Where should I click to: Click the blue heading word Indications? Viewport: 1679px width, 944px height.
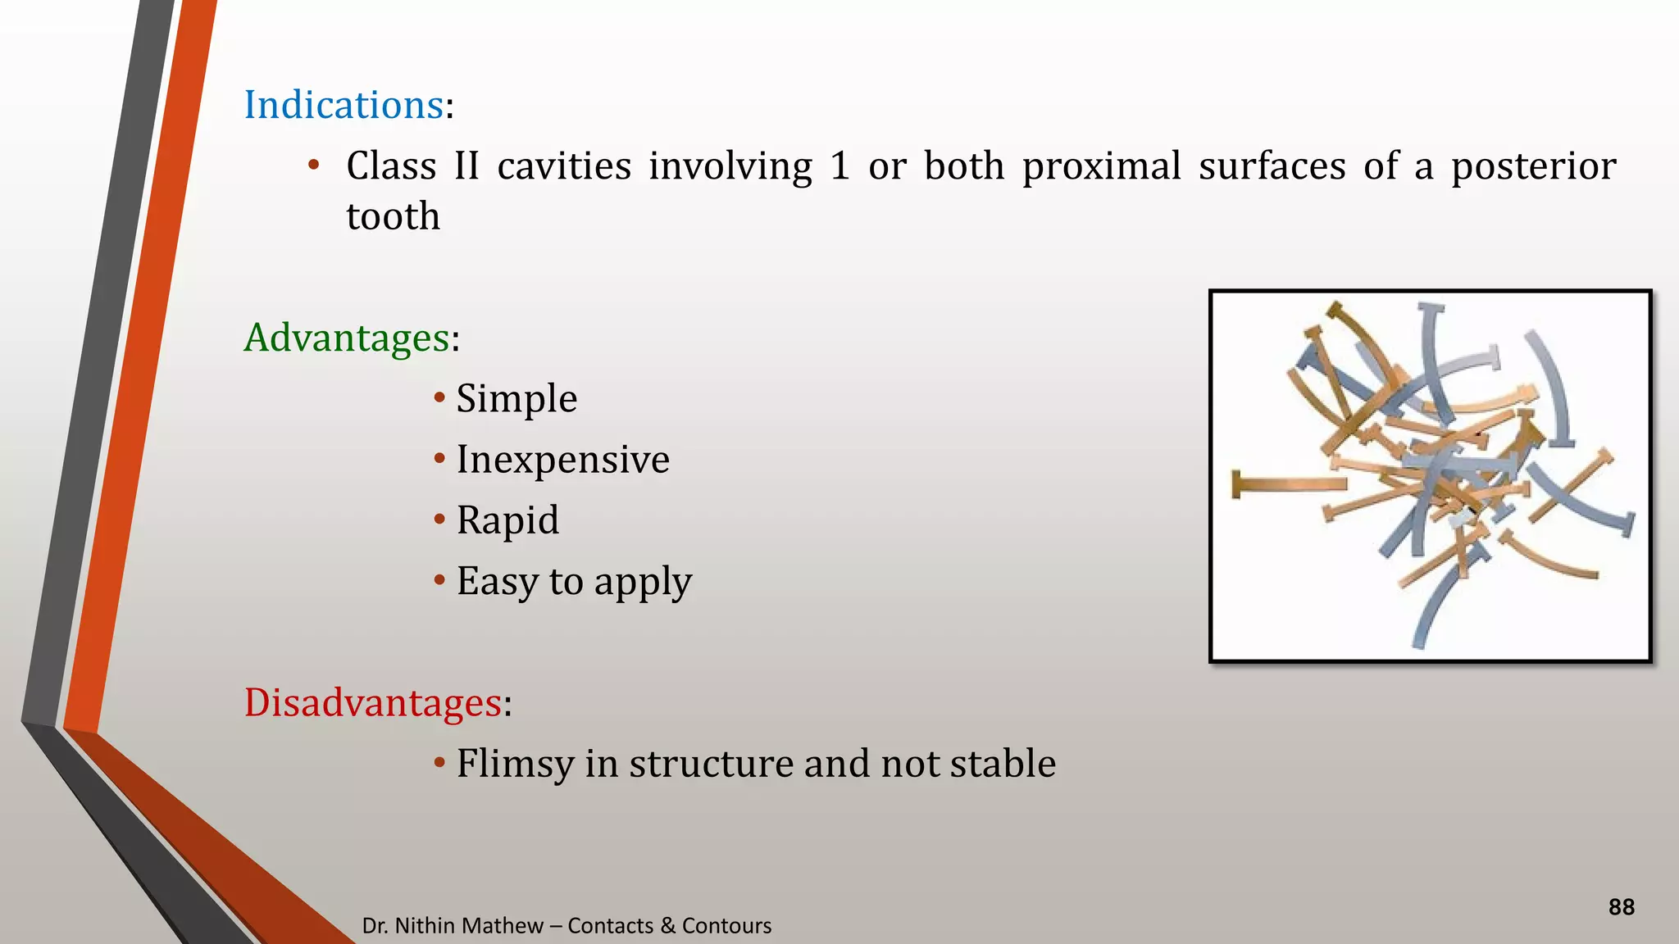click(344, 106)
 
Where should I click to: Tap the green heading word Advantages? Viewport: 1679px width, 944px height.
click(346, 338)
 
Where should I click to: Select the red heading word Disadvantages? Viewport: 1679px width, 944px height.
click(372, 703)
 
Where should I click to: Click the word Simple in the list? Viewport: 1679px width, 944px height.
click(516, 399)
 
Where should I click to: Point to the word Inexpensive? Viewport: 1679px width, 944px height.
click(562, 460)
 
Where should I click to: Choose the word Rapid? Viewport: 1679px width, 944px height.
click(507, 520)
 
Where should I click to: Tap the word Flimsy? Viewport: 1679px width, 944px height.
click(515, 764)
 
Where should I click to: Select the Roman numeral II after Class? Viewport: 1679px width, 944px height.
click(466, 166)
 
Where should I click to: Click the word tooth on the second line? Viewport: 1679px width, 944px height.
click(393, 217)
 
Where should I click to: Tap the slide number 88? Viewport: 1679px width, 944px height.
click(1621, 907)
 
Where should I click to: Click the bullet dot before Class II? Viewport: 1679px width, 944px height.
click(313, 166)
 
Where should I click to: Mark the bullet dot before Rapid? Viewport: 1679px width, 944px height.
click(439, 520)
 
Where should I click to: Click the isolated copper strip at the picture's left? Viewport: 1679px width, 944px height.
click(1287, 485)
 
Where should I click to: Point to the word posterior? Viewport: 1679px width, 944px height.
click(1533, 167)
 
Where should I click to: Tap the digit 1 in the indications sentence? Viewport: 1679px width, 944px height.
click(839, 166)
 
